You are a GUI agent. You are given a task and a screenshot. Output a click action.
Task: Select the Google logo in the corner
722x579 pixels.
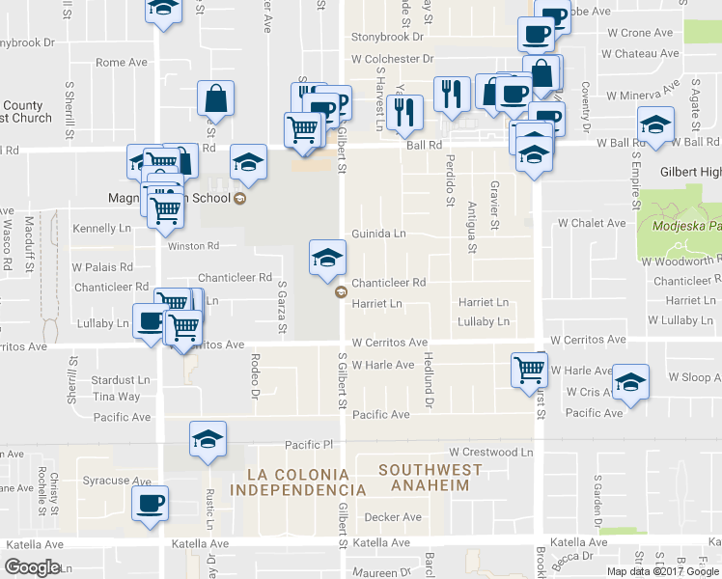[32, 566]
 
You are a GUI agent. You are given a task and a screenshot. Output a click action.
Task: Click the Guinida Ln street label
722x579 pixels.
[378, 234]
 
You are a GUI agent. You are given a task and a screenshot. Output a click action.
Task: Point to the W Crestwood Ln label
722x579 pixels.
[490, 452]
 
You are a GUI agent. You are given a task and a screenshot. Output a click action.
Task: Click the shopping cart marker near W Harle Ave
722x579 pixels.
[529, 369]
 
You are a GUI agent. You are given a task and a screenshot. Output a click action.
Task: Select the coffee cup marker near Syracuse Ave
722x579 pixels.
[151, 503]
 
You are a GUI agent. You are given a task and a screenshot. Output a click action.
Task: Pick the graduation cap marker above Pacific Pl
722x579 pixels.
[208, 439]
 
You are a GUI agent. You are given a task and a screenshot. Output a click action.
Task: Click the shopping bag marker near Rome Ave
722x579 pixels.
[215, 97]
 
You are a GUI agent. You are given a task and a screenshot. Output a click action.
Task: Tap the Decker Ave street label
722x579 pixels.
[393, 517]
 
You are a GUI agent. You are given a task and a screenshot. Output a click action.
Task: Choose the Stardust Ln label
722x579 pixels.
[122, 380]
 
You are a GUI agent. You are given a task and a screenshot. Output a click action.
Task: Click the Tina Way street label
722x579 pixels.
[116, 397]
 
